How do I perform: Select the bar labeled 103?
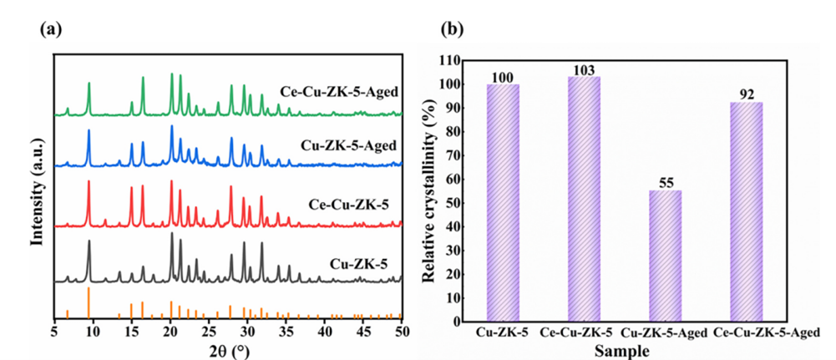585,200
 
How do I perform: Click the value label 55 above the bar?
665,183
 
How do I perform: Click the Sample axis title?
621,351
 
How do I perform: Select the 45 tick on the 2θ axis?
363,332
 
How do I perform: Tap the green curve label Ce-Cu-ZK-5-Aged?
339,92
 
